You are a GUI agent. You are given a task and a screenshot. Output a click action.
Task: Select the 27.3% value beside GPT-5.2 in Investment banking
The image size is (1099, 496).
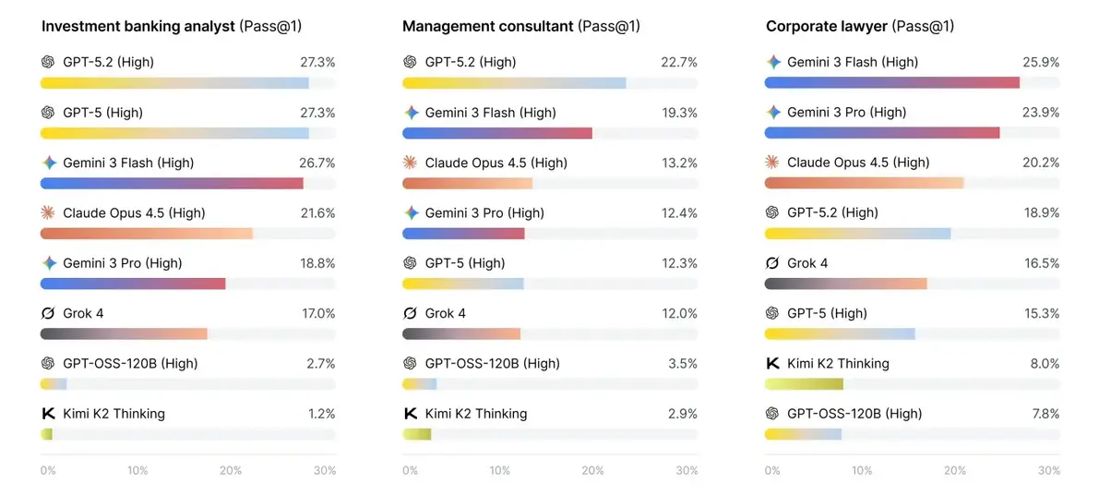[x=317, y=62]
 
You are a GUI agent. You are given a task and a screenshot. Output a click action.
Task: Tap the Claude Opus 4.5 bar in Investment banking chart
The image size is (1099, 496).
[x=147, y=234]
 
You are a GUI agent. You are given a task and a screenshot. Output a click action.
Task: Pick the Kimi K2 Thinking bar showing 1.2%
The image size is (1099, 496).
[x=46, y=434]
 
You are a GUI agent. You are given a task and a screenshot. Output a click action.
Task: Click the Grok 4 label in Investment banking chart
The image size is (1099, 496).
[x=83, y=313]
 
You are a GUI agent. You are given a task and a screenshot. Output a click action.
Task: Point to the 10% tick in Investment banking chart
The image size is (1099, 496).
[x=137, y=470]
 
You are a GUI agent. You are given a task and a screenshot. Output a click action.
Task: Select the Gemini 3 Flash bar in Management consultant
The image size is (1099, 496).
[x=497, y=133]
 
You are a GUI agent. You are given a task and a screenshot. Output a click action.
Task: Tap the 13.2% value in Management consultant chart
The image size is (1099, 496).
[x=680, y=163]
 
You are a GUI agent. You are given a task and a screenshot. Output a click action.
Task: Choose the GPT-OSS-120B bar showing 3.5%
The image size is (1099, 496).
[x=419, y=383]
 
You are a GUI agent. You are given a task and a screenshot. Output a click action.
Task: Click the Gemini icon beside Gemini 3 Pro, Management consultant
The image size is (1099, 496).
[x=410, y=212]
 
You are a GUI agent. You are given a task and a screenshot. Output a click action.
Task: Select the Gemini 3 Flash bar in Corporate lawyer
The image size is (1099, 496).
[x=891, y=83]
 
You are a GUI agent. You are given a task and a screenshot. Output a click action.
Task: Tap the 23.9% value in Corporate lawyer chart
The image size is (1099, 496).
[x=1042, y=113]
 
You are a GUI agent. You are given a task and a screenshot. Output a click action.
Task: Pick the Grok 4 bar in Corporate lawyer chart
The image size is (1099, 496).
[x=846, y=284]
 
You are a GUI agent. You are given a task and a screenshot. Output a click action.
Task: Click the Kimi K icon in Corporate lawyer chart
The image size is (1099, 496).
[x=772, y=363]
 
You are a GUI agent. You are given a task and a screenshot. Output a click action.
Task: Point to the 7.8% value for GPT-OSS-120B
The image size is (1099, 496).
[x=1045, y=413]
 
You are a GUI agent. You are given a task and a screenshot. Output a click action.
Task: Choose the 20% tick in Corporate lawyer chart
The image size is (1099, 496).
[x=956, y=470]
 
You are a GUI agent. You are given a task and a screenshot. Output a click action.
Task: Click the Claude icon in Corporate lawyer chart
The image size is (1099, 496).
[x=772, y=162]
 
